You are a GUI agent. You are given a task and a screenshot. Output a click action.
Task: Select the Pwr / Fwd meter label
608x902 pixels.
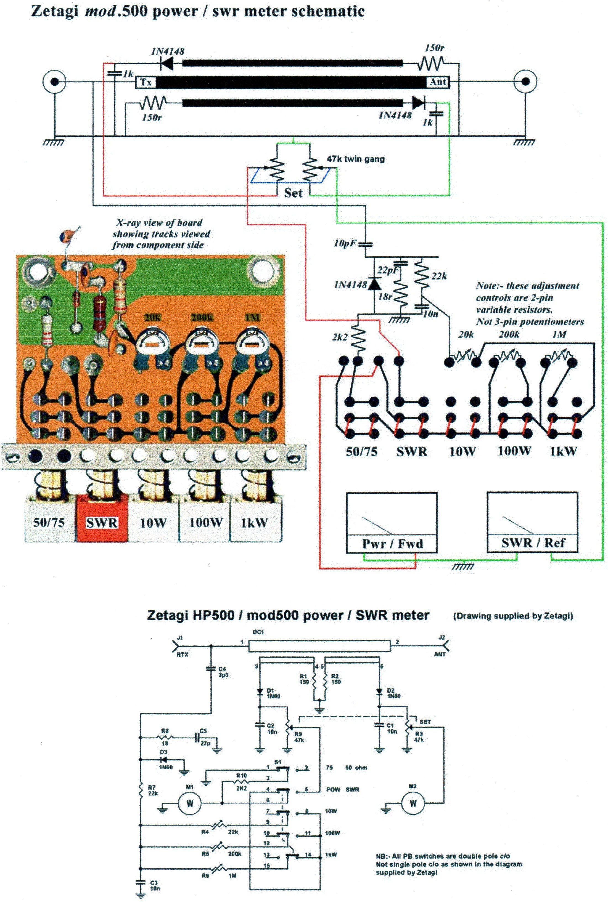click(392, 544)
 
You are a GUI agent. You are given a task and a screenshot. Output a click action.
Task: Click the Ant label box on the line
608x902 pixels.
click(438, 82)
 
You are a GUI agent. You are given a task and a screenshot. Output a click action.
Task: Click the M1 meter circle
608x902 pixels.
click(190, 803)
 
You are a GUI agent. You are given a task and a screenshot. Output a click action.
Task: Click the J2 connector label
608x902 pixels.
click(442, 637)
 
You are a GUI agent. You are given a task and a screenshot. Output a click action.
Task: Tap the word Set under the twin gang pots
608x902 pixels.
click(293, 193)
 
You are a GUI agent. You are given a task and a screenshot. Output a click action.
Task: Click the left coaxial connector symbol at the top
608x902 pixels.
click(55, 82)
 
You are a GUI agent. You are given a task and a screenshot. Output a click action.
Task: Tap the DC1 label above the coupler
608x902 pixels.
click(258, 632)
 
